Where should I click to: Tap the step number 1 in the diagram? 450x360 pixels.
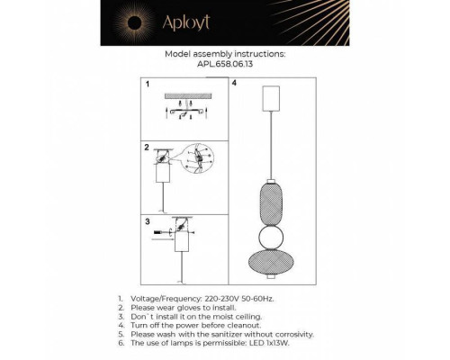[148, 84]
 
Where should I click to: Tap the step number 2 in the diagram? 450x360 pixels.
[148, 146]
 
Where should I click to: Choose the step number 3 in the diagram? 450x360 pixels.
[148, 220]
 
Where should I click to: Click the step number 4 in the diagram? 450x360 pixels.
[234, 84]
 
